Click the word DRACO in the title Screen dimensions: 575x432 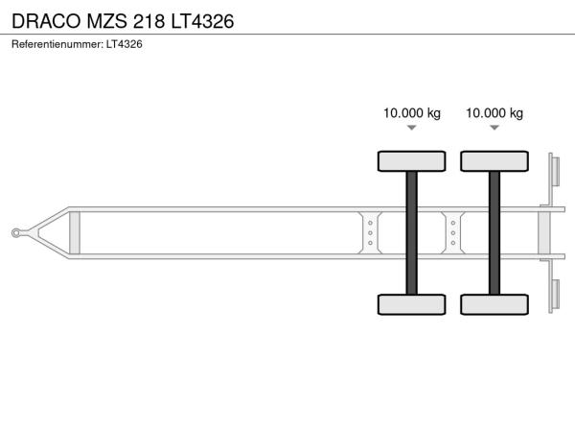46,21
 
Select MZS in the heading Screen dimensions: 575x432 106,21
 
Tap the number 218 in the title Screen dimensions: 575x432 149,21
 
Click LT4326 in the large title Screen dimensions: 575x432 202,21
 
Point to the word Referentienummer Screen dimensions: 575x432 57,44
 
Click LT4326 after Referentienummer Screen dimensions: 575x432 125,44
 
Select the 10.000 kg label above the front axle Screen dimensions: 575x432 412,112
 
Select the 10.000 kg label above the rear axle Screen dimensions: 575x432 494,112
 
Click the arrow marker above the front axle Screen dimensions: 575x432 412,128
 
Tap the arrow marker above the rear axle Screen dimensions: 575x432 494,128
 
